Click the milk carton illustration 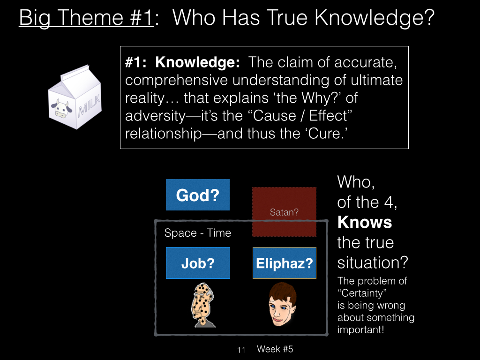point(75,97)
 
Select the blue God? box point(198,195)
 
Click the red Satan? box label point(284,212)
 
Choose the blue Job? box point(198,263)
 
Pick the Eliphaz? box point(285,263)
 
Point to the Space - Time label point(198,233)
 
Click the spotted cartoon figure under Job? point(202,305)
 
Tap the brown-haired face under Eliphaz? point(282,304)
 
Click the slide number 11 point(241,350)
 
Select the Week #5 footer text point(275,349)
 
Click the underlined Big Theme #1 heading point(86,18)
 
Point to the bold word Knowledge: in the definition point(197,62)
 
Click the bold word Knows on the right point(365,222)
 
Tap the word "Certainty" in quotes point(362,293)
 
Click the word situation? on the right point(373,262)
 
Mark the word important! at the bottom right point(360,330)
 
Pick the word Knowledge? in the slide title point(375,18)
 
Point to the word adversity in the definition point(155,116)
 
